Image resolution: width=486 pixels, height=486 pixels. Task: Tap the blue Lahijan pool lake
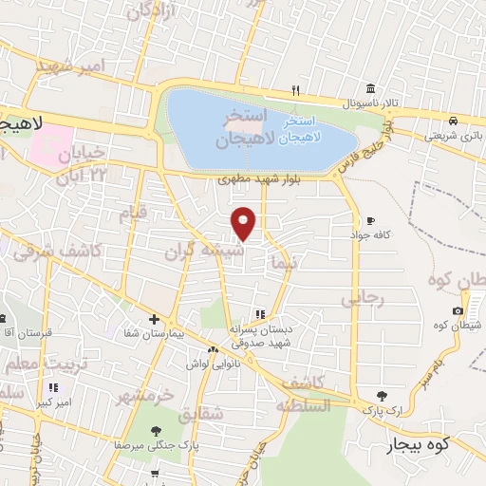(x=256, y=128)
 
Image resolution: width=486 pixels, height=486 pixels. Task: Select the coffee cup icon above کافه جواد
(x=370, y=220)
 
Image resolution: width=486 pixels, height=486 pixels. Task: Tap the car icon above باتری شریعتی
(x=455, y=121)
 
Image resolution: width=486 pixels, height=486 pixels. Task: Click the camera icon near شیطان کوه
(x=458, y=311)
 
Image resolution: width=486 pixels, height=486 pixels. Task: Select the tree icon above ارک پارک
(x=383, y=396)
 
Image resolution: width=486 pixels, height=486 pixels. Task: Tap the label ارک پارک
(x=380, y=410)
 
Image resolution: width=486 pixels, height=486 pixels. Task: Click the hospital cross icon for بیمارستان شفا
(x=154, y=319)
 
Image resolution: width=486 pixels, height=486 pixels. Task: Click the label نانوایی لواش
(x=209, y=364)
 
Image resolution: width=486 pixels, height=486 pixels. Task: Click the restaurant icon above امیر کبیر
(x=53, y=387)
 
